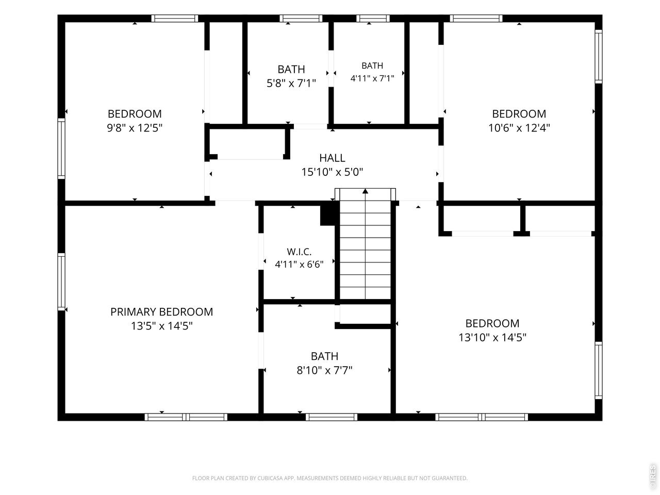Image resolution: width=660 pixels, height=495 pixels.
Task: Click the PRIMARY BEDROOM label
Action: click(161, 311)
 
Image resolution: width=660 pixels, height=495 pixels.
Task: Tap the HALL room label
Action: click(332, 158)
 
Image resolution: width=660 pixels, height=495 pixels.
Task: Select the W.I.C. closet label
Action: click(299, 251)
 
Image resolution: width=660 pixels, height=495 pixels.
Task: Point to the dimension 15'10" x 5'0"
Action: click(332, 172)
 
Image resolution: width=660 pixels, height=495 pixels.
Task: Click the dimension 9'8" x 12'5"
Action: click(135, 128)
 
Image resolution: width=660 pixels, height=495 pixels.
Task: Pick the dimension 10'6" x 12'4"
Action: click(519, 128)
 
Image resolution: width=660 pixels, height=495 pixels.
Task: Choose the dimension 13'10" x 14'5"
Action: click(492, 337)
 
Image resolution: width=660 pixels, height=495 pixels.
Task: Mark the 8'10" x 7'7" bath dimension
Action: click(324, 370)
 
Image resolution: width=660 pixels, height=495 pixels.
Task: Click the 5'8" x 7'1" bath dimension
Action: click(291, 83)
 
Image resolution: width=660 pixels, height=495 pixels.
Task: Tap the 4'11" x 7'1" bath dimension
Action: click(372, 78)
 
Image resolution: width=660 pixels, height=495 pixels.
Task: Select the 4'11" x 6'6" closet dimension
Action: click(299, 265)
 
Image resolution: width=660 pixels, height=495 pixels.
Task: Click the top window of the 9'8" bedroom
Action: click(174, 19)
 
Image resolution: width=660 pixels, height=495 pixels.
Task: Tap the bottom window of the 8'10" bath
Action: click(332, 417)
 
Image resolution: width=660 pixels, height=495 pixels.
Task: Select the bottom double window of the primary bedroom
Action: click(186, 417)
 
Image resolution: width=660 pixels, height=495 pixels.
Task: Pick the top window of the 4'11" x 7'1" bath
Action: click(373, 19)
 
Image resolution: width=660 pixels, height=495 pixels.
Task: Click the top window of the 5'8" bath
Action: click(301, 19)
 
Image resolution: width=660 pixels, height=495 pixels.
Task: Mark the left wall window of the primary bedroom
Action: click(61, 282)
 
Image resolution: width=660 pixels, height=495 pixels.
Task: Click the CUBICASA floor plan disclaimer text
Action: click(330, 478)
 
